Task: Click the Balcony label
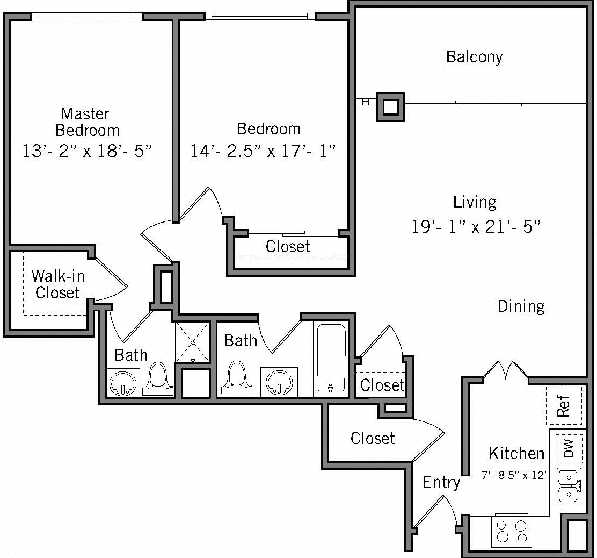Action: point(474,56)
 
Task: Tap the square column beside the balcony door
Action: point(390,106)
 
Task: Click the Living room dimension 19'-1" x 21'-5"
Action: point(475,226)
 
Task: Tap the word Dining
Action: point(521,306)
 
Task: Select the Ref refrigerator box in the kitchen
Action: point(564,405)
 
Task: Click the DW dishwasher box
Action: point(569,448)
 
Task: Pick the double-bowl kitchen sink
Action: point(569,486)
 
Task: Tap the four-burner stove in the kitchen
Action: point(511,532)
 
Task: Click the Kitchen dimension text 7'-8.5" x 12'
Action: point(514,475)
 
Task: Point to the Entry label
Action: point(441,482)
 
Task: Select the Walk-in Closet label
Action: point(57,284)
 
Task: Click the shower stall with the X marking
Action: point(193,342)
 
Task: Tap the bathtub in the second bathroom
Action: point(331,357)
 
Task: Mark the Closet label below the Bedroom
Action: point(288,247)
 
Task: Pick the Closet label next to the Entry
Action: point(373,438)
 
